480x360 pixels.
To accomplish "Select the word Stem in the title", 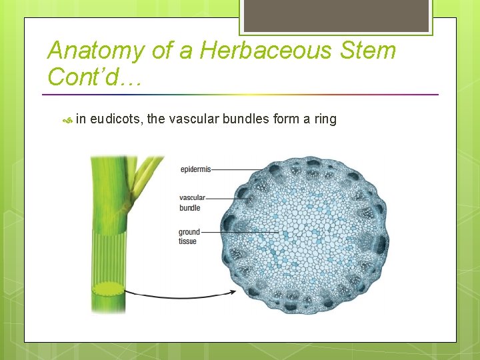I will pyautogui.click(x=367, y=51).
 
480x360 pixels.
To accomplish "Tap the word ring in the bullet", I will pyautogui.click(x=325, y=119).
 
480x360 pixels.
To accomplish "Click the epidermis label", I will pyautogui.click(x=195, y=170).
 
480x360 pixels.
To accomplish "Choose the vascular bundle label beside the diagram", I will pyautogui.click(x=192, y=203).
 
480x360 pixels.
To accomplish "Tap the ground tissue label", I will pyautogui.click(x=189, y=237).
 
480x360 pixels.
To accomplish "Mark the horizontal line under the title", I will pyautogui.click(x=243, y=94).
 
